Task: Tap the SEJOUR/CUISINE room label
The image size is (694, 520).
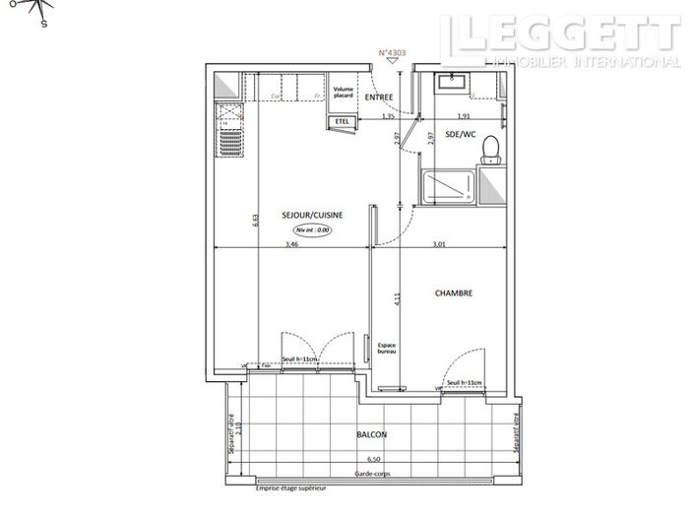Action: (314, 215)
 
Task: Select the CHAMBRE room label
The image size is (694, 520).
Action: (454, 292)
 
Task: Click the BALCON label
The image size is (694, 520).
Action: (372, 434)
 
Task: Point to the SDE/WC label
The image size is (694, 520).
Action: (460, 133)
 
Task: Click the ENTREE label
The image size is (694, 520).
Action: (378, 97)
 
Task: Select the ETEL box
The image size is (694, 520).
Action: (343, 121)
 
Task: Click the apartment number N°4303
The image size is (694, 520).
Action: (393, 53)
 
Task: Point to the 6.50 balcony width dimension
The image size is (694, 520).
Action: (373, 459)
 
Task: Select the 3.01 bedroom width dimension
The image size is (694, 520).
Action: (440, 243)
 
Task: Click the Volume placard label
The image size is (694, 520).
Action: (343, 93)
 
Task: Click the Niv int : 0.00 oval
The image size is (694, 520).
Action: (314, 228)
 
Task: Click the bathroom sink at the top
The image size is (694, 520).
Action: (456, 80)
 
